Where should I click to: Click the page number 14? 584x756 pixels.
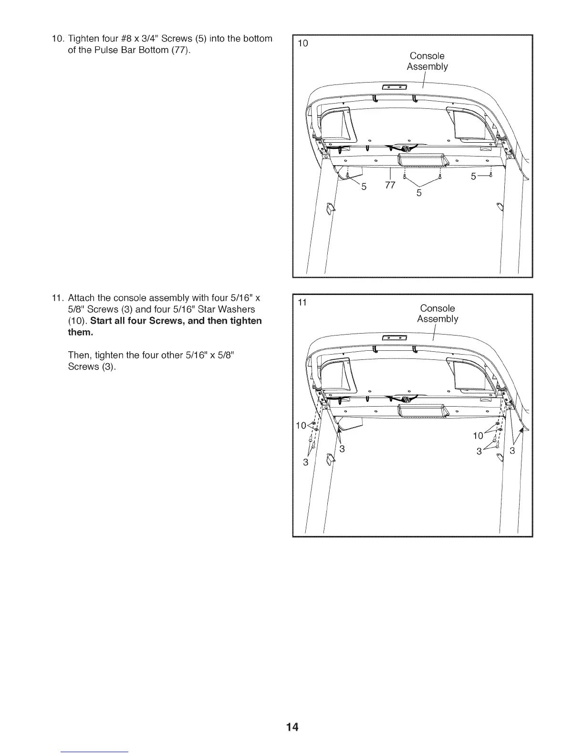[292, 727]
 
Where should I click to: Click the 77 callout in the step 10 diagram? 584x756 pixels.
[390, 185]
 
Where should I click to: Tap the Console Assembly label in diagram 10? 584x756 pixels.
[427, 62]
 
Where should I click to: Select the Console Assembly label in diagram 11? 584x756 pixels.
[438, 314]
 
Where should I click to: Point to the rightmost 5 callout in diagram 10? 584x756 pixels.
[473, 177]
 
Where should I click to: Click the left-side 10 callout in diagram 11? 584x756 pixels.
[301, 426]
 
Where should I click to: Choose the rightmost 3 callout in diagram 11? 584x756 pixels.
[512, 451]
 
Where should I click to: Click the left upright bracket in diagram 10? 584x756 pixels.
[328, 208]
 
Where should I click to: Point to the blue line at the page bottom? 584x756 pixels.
[95, 752]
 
